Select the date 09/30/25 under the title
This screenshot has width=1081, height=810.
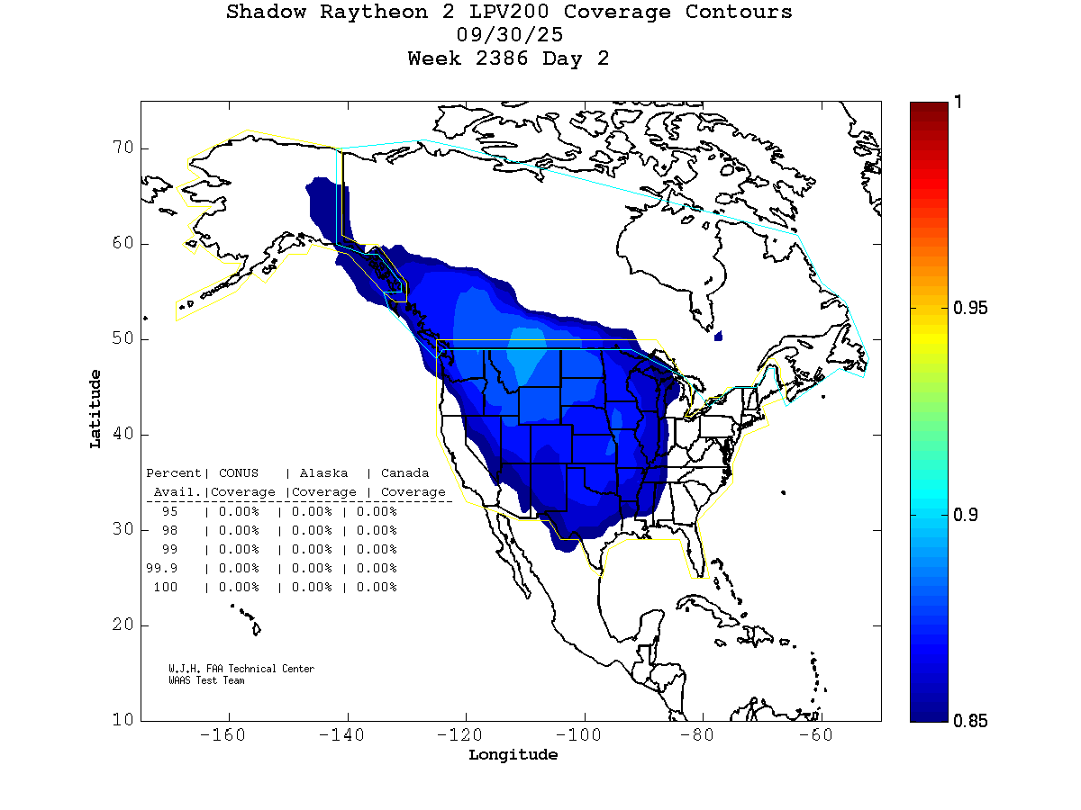coord(510,36)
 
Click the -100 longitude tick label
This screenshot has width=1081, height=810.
coord(585,735)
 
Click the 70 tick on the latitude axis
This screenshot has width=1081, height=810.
coord(123,148)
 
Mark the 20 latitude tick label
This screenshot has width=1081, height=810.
coord(123,625)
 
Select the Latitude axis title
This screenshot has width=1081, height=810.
coord(95,409)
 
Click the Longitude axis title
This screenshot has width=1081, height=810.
coord(513,755)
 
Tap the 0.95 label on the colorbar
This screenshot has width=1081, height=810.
coord(969,309)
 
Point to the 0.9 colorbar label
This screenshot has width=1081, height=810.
coord(965,515)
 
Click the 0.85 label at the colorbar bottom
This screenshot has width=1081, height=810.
coord(969,721)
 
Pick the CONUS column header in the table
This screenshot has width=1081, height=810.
coord(238,473)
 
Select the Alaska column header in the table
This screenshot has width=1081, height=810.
coord(324,473)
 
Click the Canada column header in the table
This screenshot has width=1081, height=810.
coord(404,473)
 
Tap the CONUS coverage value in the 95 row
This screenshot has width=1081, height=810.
coord(238,511)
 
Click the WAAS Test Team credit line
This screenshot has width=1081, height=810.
coord(206,680)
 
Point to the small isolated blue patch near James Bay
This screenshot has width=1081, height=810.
coord(718,337)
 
